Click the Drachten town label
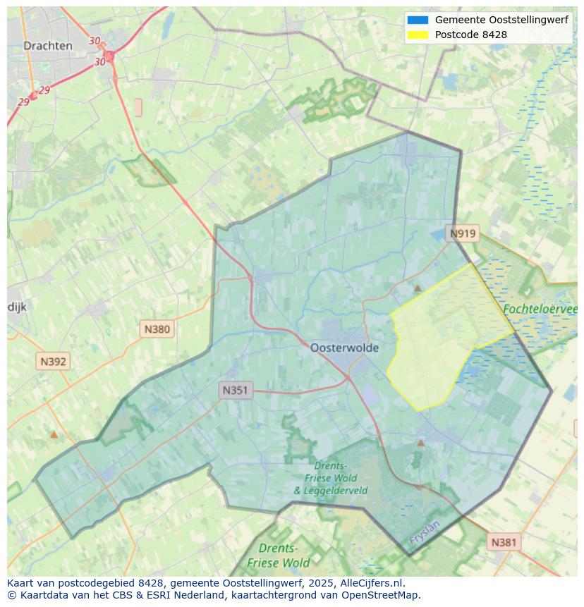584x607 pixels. tap(47, 46)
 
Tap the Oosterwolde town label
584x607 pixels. tap(344, 348)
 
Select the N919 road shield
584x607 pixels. tap(463, 234)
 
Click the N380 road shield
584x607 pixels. tap(157, 329)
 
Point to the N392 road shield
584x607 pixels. tap(53, 362)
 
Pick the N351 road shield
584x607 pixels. tap(236, 390)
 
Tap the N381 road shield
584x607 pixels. tap(503, 542)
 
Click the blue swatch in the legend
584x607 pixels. tap(418, 20)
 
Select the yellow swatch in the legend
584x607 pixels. tap(418, 35)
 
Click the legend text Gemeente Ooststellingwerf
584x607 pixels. tap(501, 20)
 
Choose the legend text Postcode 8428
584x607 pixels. tap(470, 35)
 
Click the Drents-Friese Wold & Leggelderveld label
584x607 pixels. tap(330, 478)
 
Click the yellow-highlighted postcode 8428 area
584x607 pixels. tap(437, 338)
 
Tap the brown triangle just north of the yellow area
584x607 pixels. tap(418, 288)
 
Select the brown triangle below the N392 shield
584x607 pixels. tap(54, 434)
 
